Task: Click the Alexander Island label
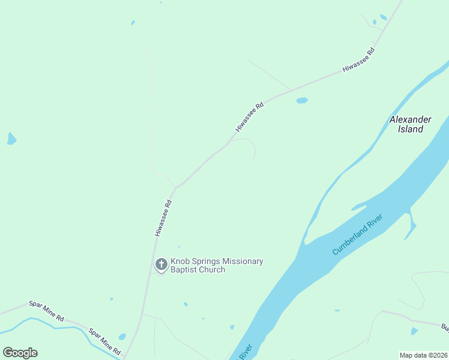(411, 124)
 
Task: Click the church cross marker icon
(161, 264)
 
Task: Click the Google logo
(20, 353)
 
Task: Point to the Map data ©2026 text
(424, 355)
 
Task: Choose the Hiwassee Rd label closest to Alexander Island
(358, 61)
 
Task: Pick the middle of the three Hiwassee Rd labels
(250, 117)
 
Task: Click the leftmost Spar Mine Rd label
(46, 312)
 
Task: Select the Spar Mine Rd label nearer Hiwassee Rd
(104, 341)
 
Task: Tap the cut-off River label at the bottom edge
(245, 352)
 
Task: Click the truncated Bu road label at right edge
(445, 328)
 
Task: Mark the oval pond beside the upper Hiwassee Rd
(301, 100)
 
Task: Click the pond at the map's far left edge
(11, 139)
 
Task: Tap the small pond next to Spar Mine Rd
(122, 337)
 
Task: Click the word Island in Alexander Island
(411, 129)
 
